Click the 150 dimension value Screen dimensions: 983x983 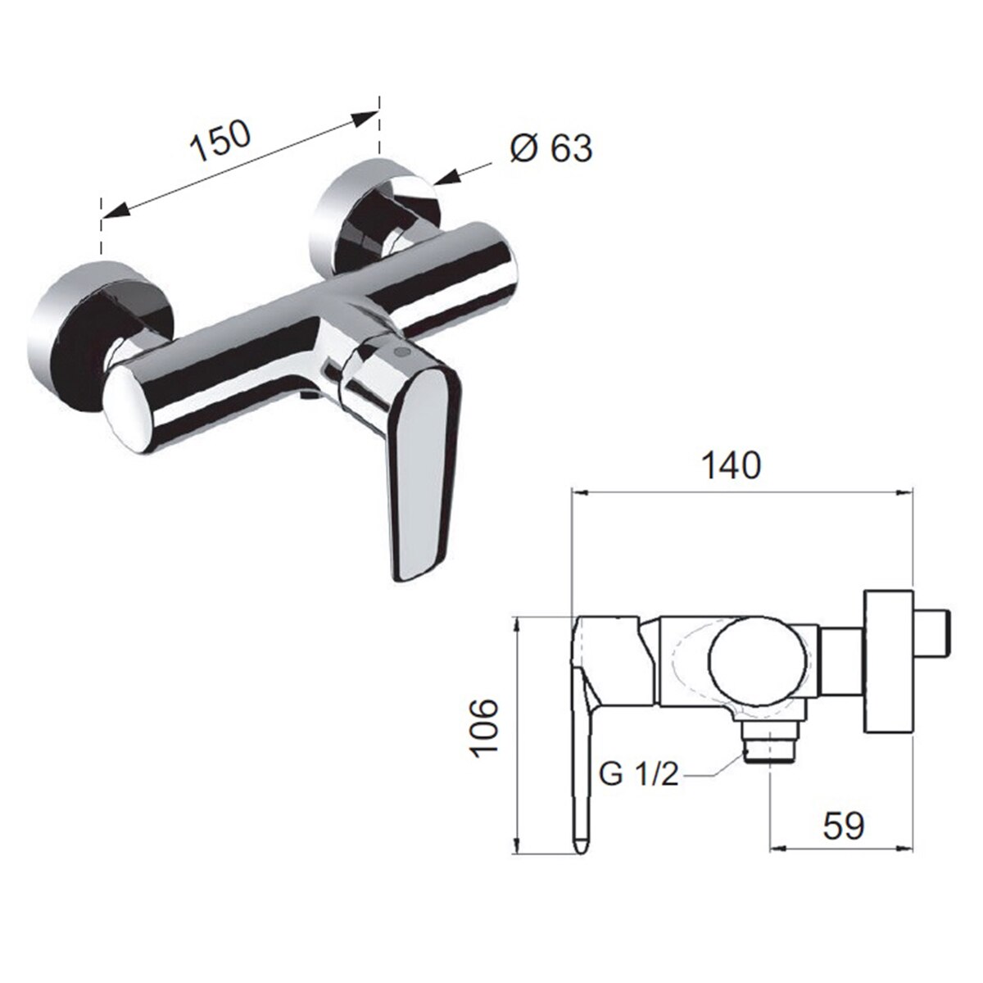click(x=220, y=141)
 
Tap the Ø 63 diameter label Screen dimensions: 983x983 click(x=551, y=148)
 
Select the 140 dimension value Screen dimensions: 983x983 click(x=732, y=465)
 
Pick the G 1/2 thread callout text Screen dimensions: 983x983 click(x=639, y=777)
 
